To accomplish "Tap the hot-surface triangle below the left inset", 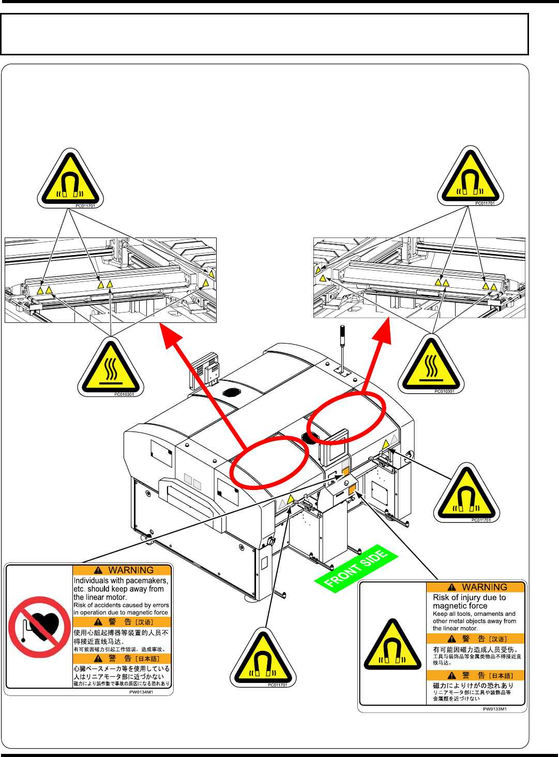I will (111, 368).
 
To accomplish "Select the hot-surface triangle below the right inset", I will (431, 365).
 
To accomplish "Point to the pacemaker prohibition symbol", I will (39, 627).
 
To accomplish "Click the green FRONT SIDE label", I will (356, 569).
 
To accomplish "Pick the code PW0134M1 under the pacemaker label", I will (141, 692).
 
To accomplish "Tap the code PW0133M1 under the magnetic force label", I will (495, 709).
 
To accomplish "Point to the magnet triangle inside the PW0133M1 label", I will (392, 646).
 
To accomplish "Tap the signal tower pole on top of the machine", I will (342, 347).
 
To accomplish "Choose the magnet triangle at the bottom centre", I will (263, 658).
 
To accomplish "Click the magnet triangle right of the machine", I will (466, 494).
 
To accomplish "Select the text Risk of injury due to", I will (470, 597).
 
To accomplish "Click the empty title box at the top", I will (264, 34).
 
